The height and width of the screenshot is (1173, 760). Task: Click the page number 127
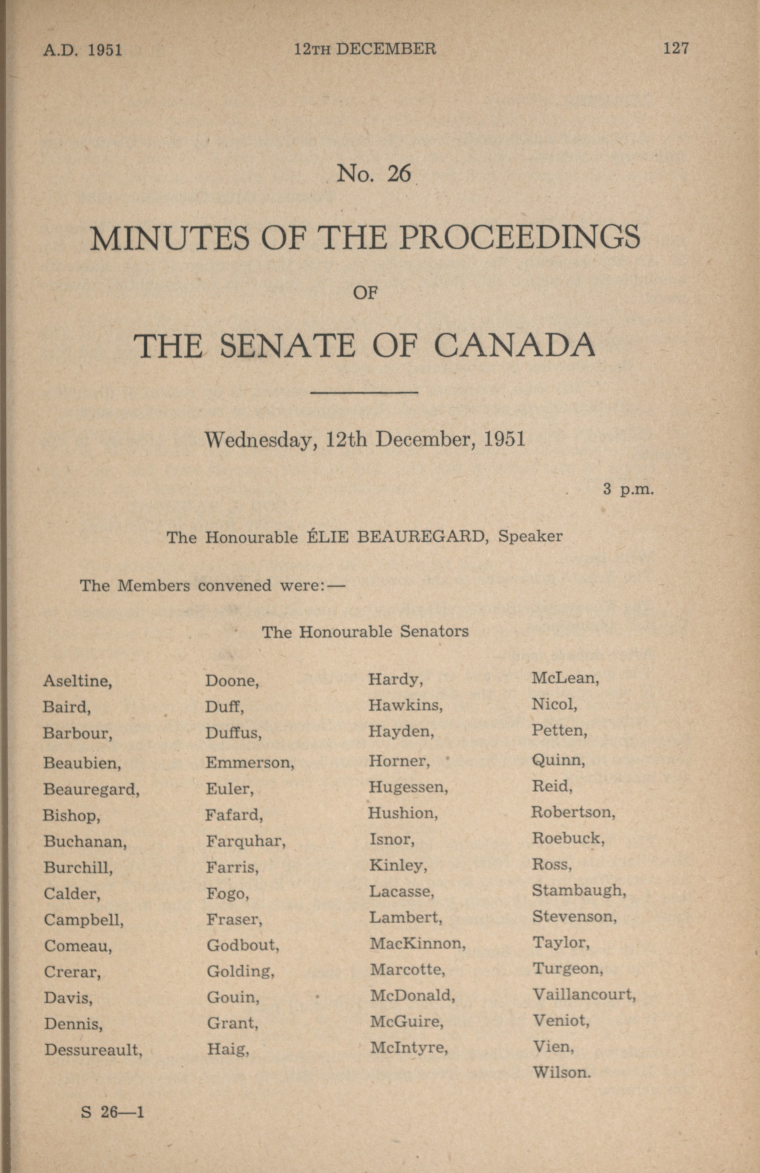coord(675,48)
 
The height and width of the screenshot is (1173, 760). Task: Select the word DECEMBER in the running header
coord(386,49)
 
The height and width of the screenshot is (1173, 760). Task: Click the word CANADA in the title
coord(515,346)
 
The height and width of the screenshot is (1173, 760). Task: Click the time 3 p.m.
coord(629,489)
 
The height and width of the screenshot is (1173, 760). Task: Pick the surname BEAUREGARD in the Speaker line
coord(421,536)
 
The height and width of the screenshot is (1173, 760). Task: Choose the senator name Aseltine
coord(77,681)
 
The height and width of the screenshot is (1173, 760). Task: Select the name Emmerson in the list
coord(249,763)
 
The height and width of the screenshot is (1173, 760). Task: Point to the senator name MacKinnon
coord(417,943)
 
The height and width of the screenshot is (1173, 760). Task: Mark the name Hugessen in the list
coord(408,787)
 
